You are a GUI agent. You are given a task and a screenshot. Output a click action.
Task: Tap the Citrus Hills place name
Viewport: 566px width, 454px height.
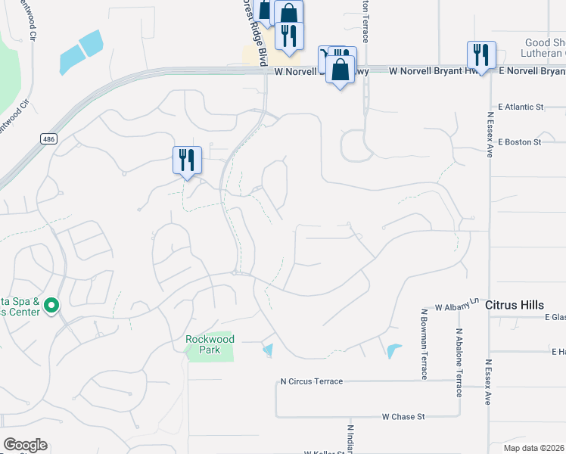pos(515,305)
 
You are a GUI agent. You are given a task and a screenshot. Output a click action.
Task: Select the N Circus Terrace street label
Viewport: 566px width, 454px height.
pos(311,381)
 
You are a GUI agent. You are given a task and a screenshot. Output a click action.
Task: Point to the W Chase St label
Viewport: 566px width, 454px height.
pos(403,416)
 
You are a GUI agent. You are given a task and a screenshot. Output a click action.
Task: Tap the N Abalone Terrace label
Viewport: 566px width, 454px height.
pos(459,352)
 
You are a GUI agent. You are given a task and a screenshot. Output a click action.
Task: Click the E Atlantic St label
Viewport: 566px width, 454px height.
pos(521,108)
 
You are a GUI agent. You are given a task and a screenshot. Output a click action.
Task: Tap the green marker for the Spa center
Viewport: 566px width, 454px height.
pos(51,306)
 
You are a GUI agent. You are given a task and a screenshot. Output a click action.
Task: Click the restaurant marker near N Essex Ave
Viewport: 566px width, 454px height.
pos(480,54)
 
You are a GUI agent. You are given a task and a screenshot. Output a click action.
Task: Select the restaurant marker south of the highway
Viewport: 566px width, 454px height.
pos(187,160)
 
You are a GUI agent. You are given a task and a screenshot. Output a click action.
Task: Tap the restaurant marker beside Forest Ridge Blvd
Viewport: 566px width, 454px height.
pos(289,36)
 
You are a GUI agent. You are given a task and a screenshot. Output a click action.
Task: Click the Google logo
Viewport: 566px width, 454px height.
pos(25,445)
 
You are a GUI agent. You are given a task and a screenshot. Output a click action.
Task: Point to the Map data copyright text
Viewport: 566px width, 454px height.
pos(533,448)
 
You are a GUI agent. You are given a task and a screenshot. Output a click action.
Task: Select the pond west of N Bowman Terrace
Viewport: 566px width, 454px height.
pos(393,351)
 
